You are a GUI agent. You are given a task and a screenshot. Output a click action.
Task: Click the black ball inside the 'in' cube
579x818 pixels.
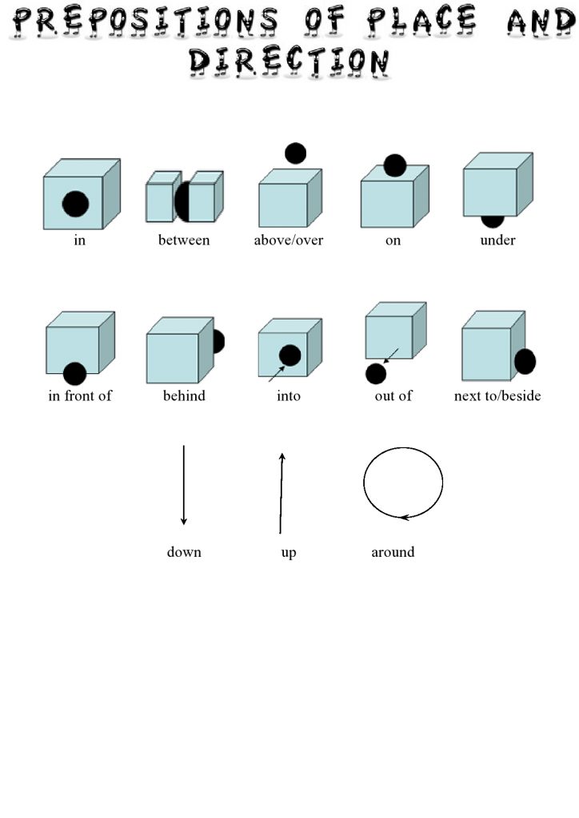tap(75, 204)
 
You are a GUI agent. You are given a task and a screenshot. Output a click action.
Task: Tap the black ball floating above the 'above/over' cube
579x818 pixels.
tap(296, 153)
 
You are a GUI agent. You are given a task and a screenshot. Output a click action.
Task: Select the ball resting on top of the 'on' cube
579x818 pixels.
tap(395, 165)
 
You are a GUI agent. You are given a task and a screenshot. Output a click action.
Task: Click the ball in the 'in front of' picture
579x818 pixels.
tap(74, 374)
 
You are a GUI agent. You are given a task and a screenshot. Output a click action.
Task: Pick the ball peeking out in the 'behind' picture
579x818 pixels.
tap(219, 342)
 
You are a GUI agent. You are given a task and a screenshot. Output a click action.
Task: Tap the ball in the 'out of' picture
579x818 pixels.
tap(376, 374)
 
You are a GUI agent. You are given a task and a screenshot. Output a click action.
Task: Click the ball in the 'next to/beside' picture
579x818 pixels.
tap(525, 362)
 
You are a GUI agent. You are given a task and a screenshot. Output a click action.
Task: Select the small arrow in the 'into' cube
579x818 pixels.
tap(277, 374)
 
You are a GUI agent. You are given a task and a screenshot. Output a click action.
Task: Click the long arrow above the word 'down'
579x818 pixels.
tap(184, 485)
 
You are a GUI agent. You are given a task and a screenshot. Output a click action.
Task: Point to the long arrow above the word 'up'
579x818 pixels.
tap(281, 494)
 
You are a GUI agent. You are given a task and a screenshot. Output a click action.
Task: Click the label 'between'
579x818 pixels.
tap(184, 240)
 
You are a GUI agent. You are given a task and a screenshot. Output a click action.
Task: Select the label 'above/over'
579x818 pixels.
tap(288, 240)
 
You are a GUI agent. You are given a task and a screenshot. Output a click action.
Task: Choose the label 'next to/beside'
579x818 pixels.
tap(497, 395)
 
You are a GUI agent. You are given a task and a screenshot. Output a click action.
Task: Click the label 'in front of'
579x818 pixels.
tap(80, 395)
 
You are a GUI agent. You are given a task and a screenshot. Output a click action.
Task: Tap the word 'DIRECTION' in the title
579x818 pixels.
tap(289, 62)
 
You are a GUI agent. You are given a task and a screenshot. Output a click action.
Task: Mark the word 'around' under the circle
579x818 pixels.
tap(393, 552)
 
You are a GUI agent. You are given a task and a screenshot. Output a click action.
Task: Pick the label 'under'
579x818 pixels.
tap(497, 240)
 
